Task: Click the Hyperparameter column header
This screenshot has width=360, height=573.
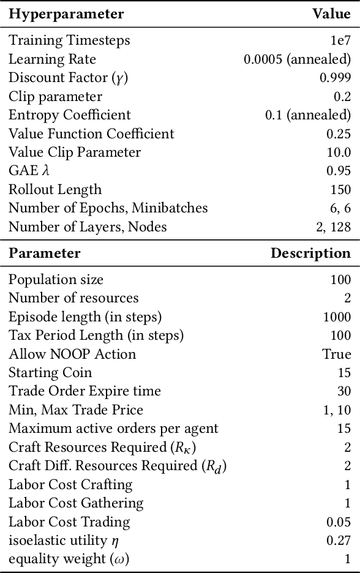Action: (x=66, y=14)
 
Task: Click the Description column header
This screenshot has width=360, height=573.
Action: (x=311, y=253)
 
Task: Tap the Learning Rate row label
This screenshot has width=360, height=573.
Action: (x=52, y=59)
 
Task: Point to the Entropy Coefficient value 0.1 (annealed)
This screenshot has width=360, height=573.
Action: (x=308, y=115)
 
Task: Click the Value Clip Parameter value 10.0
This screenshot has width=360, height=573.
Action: (x=339, y=152)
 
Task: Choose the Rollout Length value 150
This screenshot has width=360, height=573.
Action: (x=340, y=190)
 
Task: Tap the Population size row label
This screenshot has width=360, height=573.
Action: (x=56, y=280)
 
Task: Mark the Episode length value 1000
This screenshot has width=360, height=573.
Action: (x=337, y=317)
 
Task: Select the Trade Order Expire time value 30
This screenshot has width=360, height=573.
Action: (x=344, y=391)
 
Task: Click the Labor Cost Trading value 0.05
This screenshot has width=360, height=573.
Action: (x=339, y=522)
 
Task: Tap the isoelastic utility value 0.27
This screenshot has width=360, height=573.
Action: (x=339, y=541)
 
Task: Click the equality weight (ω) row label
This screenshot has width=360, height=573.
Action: (x=69, y=559)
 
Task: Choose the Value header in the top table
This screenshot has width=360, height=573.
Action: (x=331, y=14)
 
